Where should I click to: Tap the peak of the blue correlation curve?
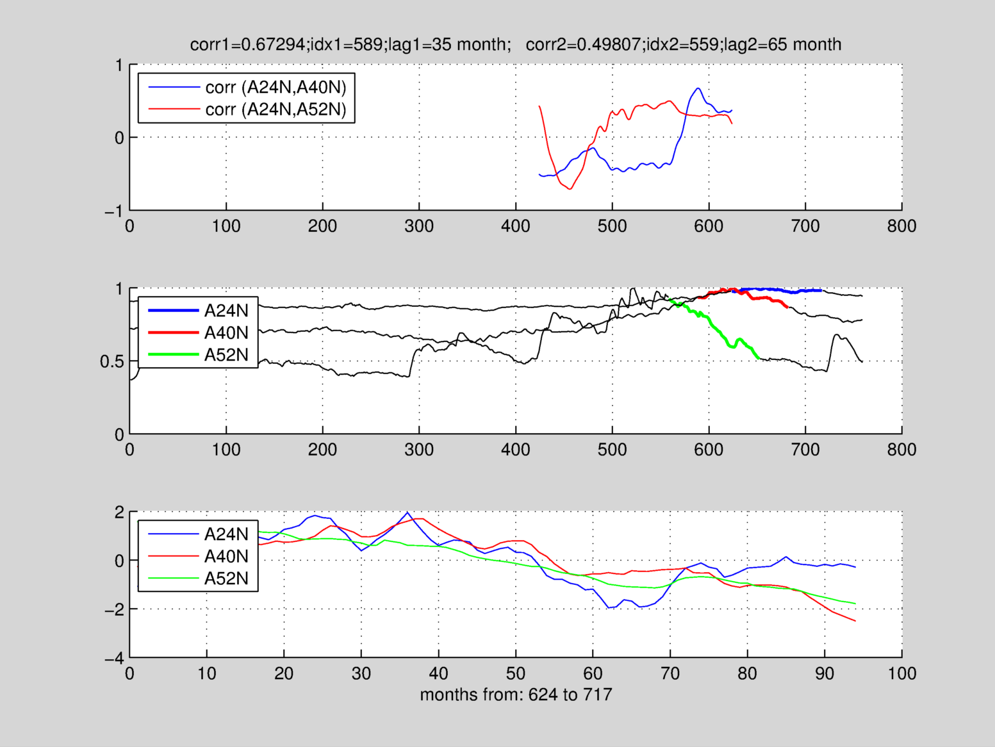698,88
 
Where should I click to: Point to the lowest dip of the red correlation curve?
570,189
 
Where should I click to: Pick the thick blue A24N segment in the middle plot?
782,290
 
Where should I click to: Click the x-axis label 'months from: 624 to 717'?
516,694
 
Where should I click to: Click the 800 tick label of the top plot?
901,226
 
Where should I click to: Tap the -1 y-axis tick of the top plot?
113,211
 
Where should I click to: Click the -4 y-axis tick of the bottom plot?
113,659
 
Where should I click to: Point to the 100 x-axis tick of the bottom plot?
901,674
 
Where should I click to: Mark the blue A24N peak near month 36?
407,513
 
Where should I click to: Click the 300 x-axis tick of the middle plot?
419,450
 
